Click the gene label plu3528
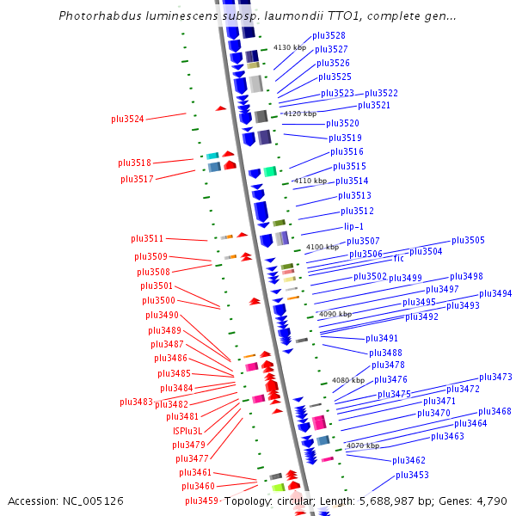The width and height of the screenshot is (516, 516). [329, 35]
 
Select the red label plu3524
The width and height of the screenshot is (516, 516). [127, 119]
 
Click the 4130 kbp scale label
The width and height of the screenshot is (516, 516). [290, 48]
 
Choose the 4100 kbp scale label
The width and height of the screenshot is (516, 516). [322, 247]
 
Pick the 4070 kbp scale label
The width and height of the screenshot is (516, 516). [362, 445]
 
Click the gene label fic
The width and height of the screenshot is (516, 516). [399, 258]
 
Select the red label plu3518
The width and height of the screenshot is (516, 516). [134, 163]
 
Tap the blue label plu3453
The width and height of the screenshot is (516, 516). [412, 475]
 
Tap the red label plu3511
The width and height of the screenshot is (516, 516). [147, 238]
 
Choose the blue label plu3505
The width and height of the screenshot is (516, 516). [468, 240]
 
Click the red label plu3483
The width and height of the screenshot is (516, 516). [136, 402]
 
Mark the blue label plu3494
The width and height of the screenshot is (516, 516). [495, 293]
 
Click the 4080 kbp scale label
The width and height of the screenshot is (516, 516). [348, 379]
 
